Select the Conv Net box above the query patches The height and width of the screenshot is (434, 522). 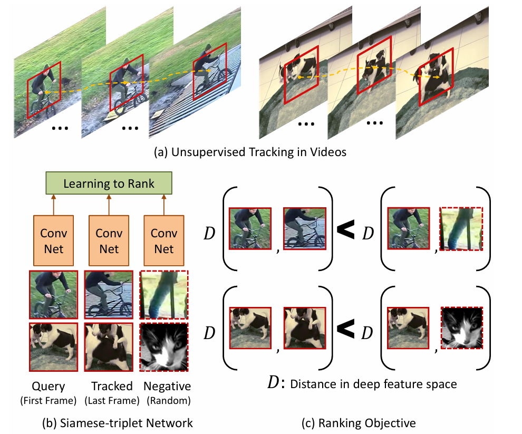(x=53, y=240)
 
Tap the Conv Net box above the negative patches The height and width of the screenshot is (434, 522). (x=163, y=240)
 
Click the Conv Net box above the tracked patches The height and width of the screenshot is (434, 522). (x=109, y=240)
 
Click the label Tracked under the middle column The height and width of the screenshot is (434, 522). (x=109, y=386)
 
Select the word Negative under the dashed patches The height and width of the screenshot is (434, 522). (x=165, y=386)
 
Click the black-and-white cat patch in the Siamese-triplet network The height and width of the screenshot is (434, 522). (x=163, y=346)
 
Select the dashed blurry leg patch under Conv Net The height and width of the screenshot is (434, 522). (x=163, y=295)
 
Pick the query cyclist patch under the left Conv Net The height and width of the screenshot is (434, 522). (x=53, y=295)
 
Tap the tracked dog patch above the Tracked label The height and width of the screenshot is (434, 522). (x=109, y=346)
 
